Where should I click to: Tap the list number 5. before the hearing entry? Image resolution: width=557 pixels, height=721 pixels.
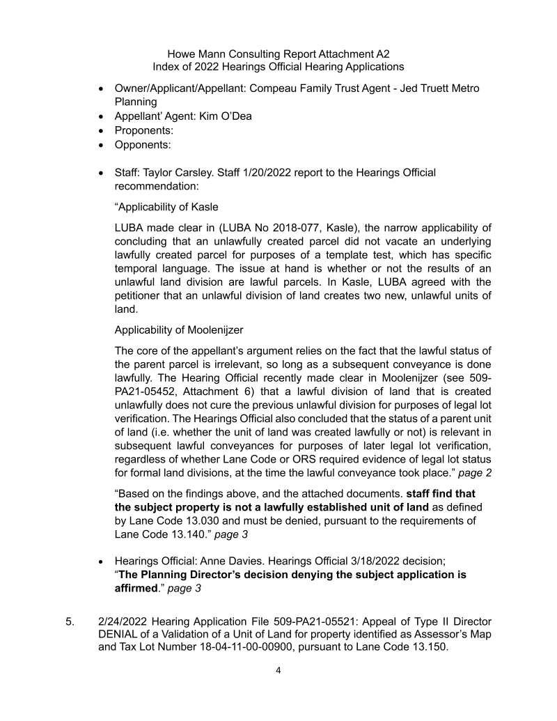[70, 620]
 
